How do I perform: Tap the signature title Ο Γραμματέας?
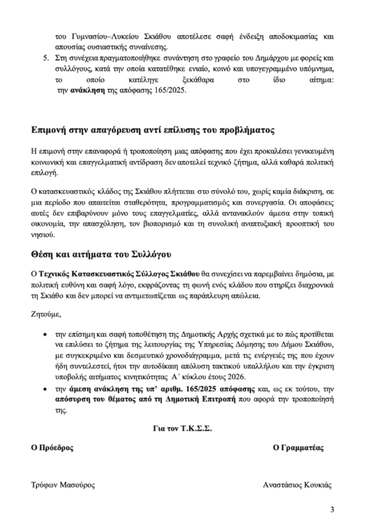pos(299,447)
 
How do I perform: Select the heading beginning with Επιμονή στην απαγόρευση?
pos(152,130)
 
